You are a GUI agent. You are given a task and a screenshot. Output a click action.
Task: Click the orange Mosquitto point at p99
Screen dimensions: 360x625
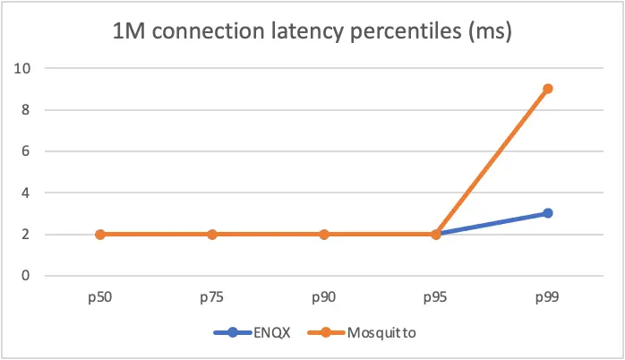coord(547,89)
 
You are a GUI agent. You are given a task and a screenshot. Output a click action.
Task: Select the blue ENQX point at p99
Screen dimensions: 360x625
coord(547,213)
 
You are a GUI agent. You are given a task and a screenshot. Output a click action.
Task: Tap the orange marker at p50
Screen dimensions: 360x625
coord(100,235)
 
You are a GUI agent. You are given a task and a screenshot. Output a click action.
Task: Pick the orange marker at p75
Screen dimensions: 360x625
coord(212,235)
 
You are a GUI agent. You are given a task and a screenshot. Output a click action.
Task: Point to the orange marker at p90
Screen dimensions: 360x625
coord(324,235)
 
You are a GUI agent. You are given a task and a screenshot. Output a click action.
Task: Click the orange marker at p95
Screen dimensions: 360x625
coord(436,235)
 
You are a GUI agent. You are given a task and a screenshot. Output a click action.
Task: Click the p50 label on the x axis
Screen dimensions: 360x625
coord(100,296)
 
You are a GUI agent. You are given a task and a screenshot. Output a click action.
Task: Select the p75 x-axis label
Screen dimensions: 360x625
coord(212,296)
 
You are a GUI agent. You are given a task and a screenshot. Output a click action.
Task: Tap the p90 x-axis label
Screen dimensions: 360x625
coord(324,296)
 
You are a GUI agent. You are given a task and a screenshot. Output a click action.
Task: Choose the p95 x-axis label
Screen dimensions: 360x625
coord(436,296)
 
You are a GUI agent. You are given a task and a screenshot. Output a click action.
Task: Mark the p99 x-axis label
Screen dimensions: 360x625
coord(547,296)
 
